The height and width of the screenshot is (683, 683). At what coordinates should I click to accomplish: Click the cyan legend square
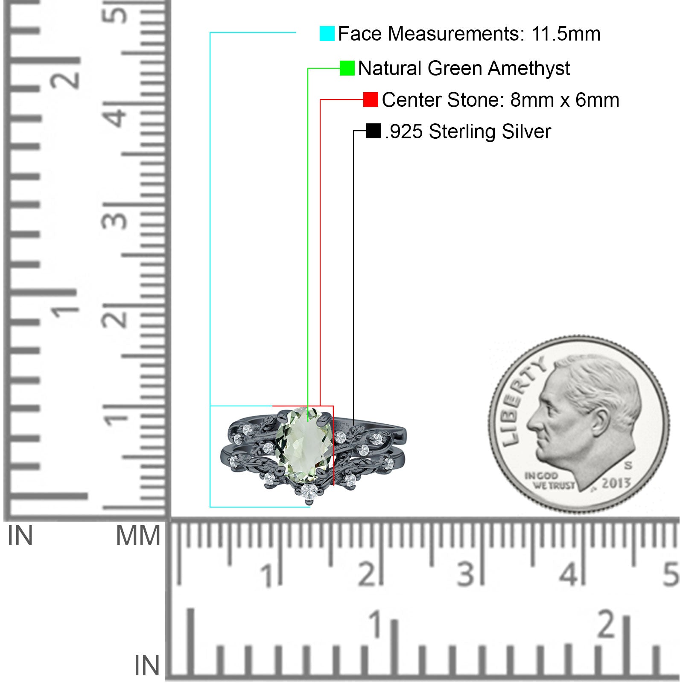coord(327,34)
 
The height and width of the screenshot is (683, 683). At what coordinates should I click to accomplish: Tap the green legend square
coord(347,68)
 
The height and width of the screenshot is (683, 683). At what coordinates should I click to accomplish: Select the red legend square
coord(371,100)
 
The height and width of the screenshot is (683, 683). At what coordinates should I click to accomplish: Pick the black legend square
coord(374,131)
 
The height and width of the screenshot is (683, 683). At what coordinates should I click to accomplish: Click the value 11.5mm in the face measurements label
coord(566,34)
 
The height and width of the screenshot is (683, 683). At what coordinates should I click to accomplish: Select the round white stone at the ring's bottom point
coord(309,491)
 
